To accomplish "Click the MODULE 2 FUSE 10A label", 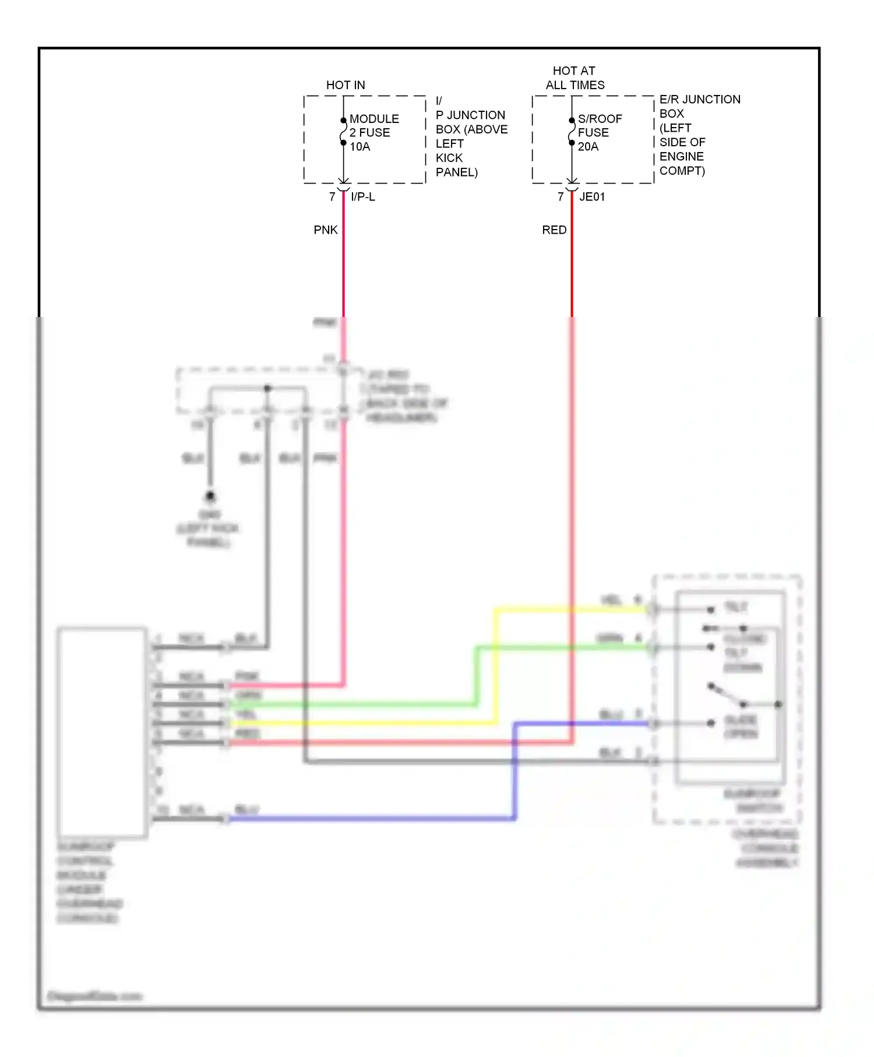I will tap(373, 133).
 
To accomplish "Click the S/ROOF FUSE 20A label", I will tap(599, 133).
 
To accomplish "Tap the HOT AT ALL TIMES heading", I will tap(575, 77).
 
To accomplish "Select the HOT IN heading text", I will tap(346, 85).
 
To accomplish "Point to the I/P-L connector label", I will tap(362, 197).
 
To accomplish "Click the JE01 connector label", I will tap(592, 197).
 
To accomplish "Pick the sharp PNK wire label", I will tap(325, 230).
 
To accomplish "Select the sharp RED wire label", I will tap(554, 230).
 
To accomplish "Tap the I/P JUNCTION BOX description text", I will tap(471, 137).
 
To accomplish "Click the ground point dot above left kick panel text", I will tap(210, 496).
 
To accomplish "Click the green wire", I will tap(476, 676).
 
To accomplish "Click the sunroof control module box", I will tap(102, 732).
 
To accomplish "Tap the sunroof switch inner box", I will tap(731, 686).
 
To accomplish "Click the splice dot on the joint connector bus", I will tap(267, 388).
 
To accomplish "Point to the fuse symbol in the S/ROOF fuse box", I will tap(572, 132).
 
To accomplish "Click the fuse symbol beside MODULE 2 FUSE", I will tap(343, 132).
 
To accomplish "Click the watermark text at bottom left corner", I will tap(94, 996).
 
